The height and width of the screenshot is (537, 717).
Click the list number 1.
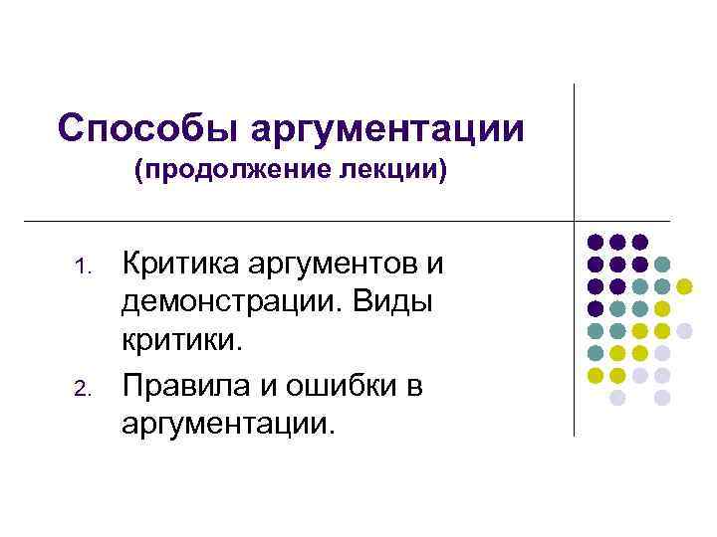click(x=84, y=267)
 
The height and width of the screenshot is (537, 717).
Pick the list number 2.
click(x=84, y=387)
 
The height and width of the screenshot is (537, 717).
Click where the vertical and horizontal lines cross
click(x=575, y=220)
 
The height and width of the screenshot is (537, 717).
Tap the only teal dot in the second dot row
click(x=662, y=264)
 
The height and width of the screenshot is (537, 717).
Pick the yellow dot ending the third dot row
click(x=684, y=286)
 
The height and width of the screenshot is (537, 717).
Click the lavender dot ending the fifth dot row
click(x=684, y=330)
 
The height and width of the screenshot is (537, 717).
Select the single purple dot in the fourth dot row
click(x=595, y=308)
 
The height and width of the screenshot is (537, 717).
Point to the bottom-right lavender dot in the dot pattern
click(x=662, y=397)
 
